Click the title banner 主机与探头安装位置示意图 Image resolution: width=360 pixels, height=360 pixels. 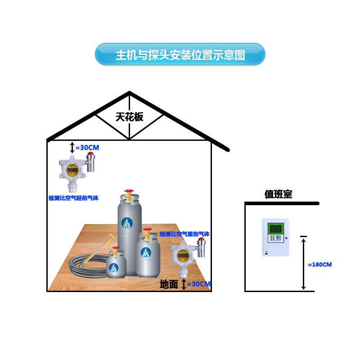click(x=180, y=54)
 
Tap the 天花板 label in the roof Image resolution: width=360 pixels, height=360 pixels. click(x=129, y=117)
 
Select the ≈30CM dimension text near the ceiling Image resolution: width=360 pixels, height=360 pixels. click(x=87, y=147)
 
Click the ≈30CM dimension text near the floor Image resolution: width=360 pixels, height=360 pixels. click(x=198, y=284)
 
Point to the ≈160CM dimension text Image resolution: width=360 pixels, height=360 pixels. click(x=320, y=265)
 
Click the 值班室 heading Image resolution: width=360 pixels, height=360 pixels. click(x=278, y=194)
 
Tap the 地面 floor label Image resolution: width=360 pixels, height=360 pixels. click(x=169, y=284)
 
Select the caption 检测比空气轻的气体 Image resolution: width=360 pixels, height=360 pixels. click(x=73, y=198)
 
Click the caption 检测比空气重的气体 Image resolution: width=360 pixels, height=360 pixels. click(x=184, y=234)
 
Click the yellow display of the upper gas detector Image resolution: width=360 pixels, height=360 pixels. click(x=71, y=170)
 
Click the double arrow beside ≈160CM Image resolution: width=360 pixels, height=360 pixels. click(x=304, y=264)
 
